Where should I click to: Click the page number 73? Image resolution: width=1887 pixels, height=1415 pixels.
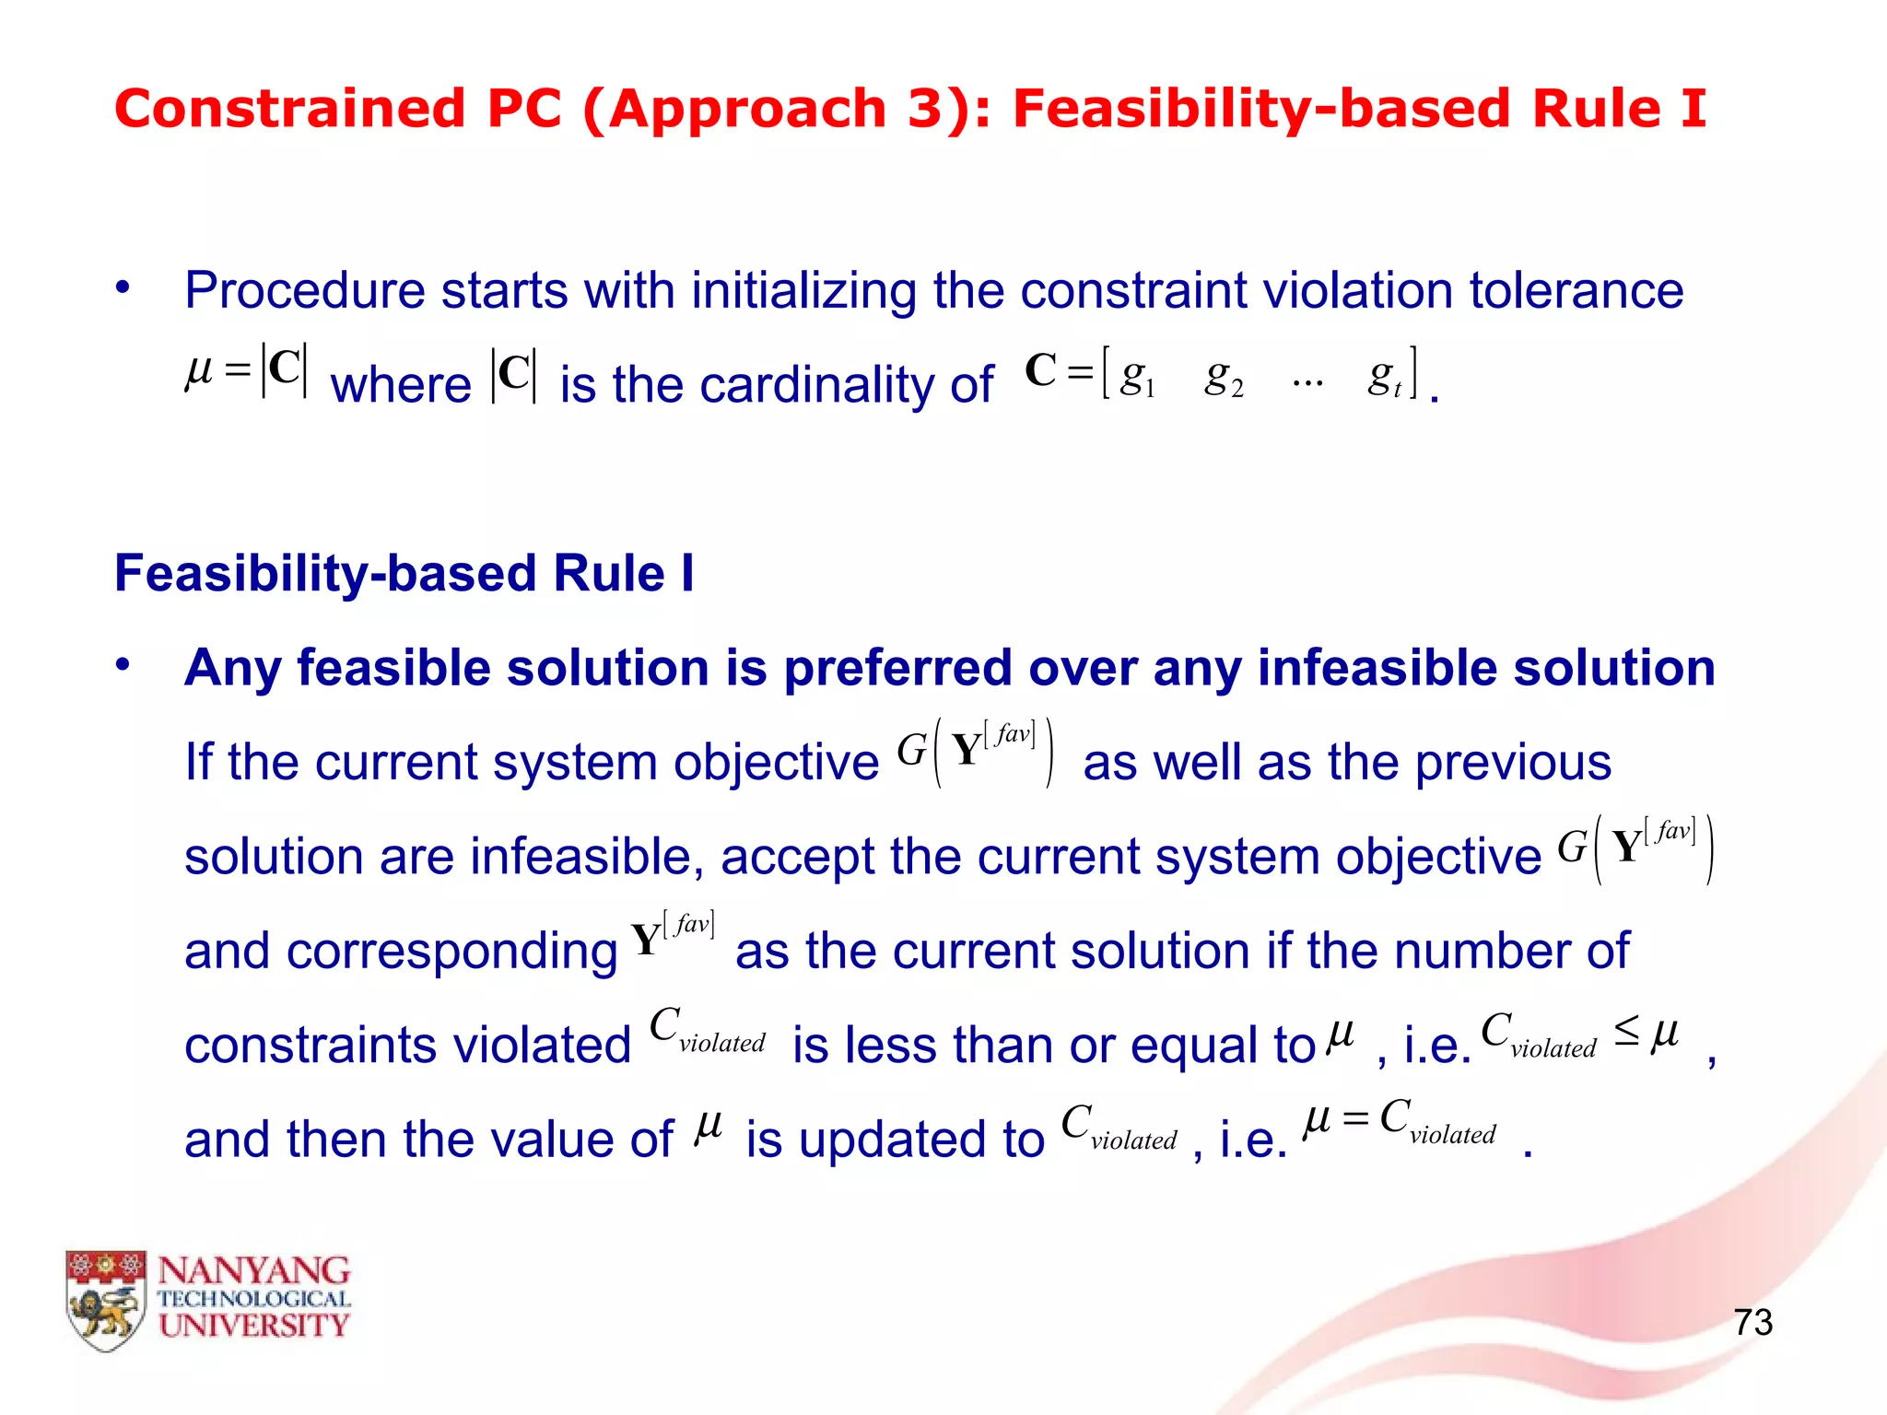coord(1752,1323)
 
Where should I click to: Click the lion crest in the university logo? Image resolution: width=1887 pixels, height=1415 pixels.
coord(106,1299)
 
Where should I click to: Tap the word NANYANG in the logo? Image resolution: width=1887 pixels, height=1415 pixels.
coord(253,1271)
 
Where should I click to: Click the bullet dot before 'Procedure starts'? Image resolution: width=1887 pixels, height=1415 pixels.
coord(123,288)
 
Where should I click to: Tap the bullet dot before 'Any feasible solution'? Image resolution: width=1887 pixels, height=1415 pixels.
coord(123,665)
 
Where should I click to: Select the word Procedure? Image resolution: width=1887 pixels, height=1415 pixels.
coord(304,291)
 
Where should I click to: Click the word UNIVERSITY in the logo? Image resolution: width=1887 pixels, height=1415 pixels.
coord(253,1326)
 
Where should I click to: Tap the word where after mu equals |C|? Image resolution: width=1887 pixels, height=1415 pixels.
coord(401,385)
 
